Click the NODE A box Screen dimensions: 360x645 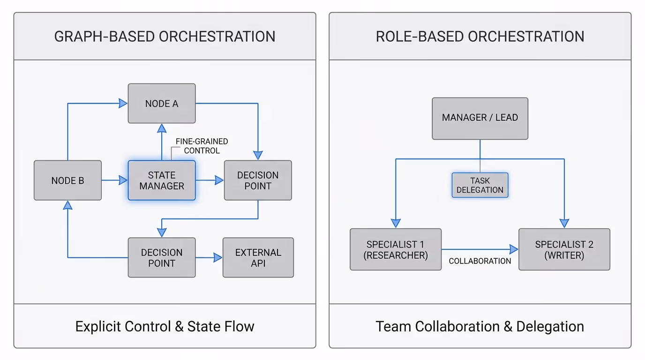[x=162, y=104]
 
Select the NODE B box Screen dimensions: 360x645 [x=67, y=180]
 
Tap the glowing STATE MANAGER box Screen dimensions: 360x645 [x=162, y=180]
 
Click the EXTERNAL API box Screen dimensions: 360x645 [x=258, y=257]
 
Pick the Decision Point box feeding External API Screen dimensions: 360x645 [x=162, y=257]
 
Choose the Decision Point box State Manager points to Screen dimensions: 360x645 [x=258, y=180]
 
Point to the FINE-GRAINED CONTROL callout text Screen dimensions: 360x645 [x=202, y=146]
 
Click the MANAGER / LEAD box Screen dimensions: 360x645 [x=480, y=118]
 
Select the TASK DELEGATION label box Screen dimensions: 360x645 [x=480, y=185]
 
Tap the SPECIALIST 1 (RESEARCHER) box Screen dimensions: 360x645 [x=396, y=249]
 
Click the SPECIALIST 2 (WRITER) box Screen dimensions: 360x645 [x=564, y=249]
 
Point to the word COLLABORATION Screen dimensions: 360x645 [x=480, y=261]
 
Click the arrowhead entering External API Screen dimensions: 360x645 [x=217, y=257]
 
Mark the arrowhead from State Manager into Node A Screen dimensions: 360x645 [x=162, y=128]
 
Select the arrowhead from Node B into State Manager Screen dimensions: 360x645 [x=123, y=180]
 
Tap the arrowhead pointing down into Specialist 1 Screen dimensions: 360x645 [x=396, y=223]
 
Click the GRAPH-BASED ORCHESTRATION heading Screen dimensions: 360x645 [x=165, y=37]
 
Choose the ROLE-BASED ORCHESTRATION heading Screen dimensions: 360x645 [x=480, y=37]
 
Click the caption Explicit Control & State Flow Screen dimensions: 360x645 [x=165, y=326]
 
